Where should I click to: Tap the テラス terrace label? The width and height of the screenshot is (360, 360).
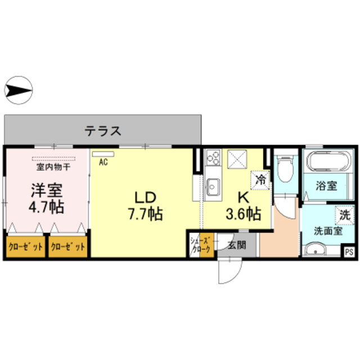[103, 131]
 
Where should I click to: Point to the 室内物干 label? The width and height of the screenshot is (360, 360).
[53, 167]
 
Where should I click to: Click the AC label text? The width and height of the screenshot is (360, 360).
[103, 163]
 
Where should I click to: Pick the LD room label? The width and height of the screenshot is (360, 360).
[145, 197]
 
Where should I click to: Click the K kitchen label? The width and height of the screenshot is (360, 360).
[243, 197]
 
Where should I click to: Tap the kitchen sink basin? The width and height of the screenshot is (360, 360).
[213, 183]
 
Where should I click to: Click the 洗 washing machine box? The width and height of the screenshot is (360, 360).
[344, 214]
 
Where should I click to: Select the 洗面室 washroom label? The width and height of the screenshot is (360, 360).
[327, 231]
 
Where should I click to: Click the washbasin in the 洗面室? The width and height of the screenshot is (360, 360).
[315, 249]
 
